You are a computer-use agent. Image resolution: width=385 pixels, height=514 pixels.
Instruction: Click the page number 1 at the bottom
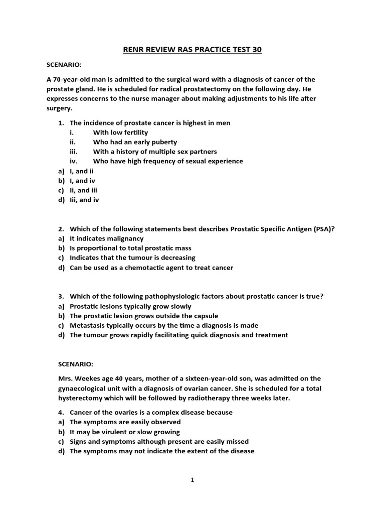[x=192, y=480]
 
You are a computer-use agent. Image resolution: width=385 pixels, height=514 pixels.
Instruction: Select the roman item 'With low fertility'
[x=120, y=133]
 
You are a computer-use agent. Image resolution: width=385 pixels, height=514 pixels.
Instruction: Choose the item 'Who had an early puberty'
[x=135, y=142]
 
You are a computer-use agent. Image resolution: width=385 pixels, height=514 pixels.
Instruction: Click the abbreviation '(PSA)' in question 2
[x=324, y=229]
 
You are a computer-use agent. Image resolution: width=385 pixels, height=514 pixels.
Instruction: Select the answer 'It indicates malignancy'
[x=106, y=238]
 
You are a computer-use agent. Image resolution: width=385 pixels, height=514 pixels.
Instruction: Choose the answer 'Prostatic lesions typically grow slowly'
[x=130, y=306]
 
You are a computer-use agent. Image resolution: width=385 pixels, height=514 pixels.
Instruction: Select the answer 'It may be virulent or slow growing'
[x=124, y=432]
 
